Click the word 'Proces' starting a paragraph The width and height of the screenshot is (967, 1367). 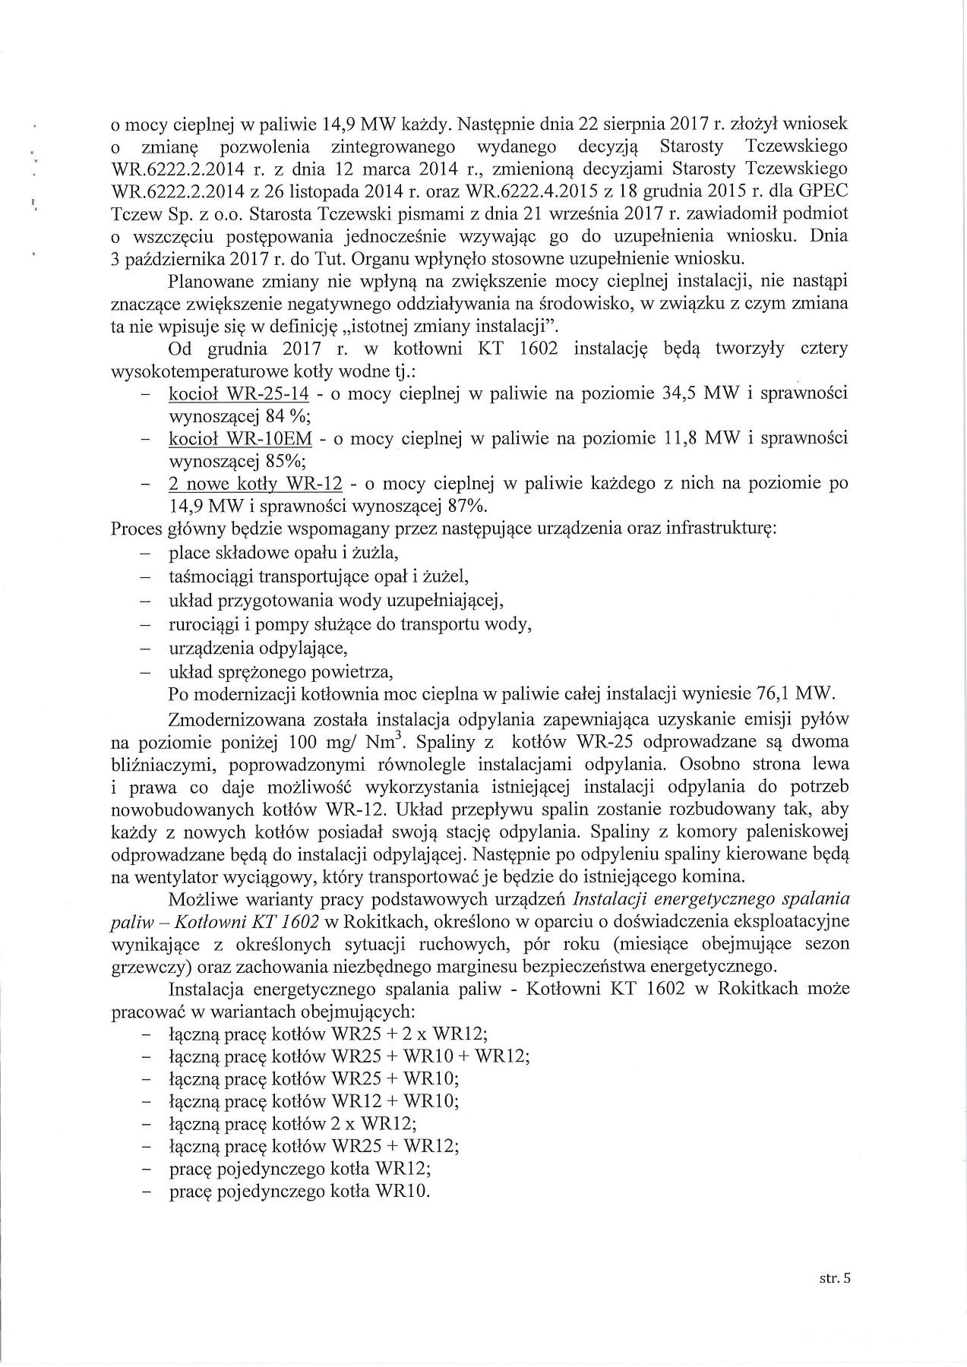134,529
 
